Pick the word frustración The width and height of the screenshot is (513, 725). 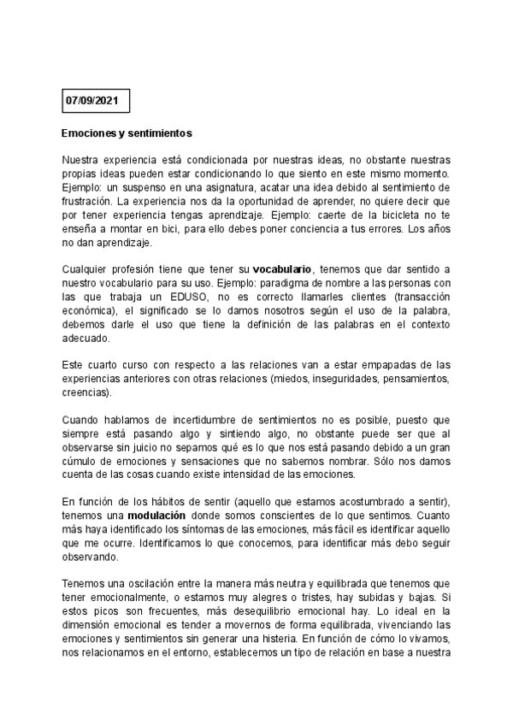[x=88, y=203]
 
